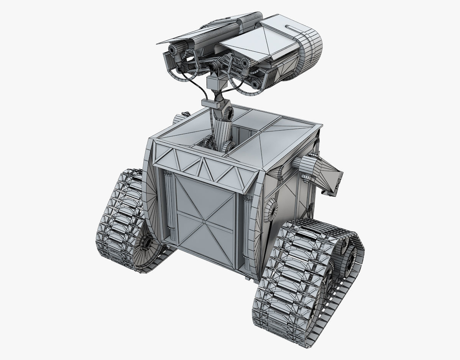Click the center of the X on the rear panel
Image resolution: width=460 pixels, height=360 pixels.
pos(204,221)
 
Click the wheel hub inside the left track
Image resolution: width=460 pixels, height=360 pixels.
pos(146,242)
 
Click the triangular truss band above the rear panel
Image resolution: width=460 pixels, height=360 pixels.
pos(203,167)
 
